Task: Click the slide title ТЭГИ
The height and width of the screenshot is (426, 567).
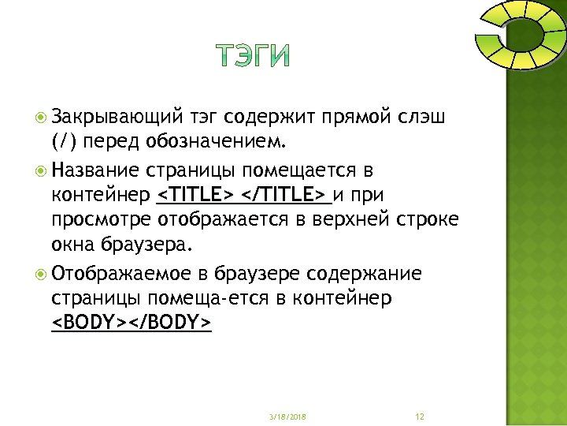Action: pos(252,55)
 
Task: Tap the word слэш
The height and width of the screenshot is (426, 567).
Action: pos(424,119)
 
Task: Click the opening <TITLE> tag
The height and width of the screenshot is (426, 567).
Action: pos(196,194)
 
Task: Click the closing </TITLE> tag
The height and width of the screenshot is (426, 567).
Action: pos(284,194)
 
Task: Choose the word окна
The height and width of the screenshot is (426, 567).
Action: pos(73,242)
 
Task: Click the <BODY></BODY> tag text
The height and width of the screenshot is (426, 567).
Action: pos(131,323)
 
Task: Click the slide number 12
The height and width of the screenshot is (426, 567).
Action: pos(419,416)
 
